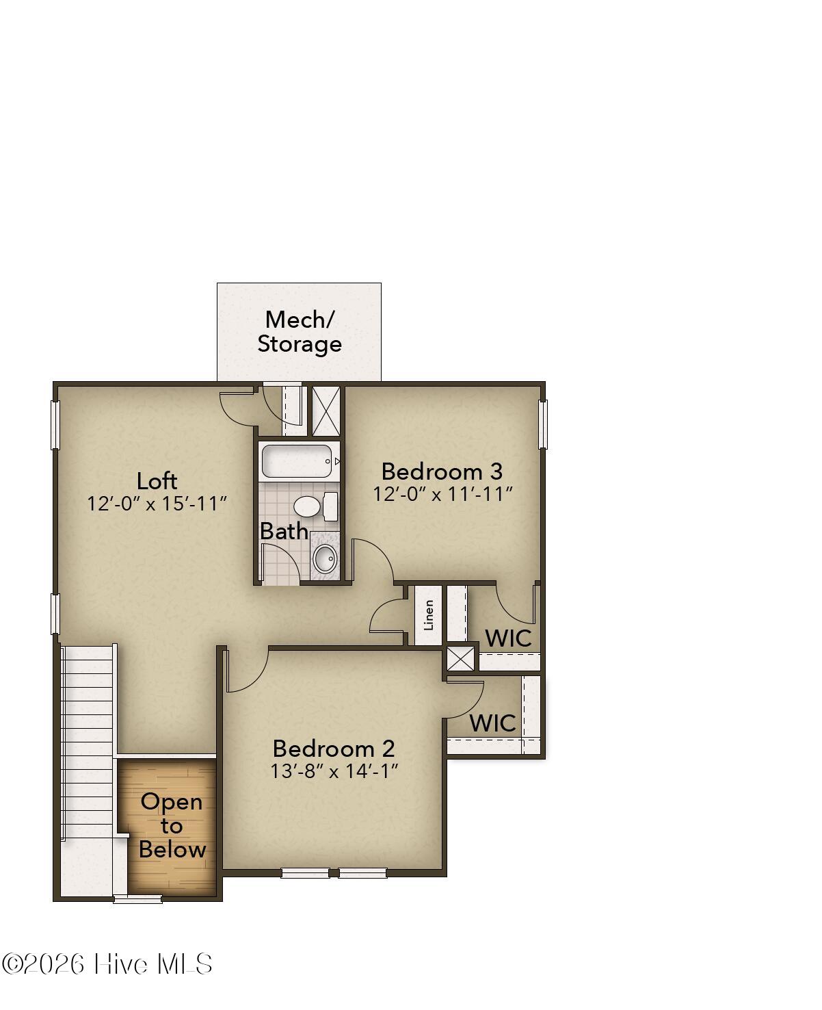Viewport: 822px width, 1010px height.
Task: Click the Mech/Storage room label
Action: [x=299, y=331]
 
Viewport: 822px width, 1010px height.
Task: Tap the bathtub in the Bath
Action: [x=297, y=461]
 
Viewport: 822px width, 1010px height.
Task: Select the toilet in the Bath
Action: [x=315, y=506]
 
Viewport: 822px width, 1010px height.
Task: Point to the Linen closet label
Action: [x=429, y=615]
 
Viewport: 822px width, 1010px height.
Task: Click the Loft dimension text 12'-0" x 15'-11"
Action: [x=157, y=504]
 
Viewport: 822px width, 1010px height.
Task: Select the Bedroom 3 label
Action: [x=442, y=471]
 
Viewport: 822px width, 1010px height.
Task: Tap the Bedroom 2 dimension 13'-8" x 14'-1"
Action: [x=334, y=771]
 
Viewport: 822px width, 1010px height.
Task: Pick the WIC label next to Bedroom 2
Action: [x=493, y=723]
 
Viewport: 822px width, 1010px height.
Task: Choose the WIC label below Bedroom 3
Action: [x=508, y=638]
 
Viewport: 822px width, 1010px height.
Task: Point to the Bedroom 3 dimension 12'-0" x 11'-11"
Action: [x=442, y=494]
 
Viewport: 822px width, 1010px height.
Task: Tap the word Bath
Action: [x=284, y=531]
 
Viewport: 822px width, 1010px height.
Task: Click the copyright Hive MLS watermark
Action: [x=107, y=964]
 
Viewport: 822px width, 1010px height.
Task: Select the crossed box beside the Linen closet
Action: [x=460, y=659]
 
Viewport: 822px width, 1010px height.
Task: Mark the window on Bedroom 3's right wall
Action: [x=543, y=424]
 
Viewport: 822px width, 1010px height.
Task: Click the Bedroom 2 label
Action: [x=334, y=749]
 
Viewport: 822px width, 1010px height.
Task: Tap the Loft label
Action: [x=157, y=481]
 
